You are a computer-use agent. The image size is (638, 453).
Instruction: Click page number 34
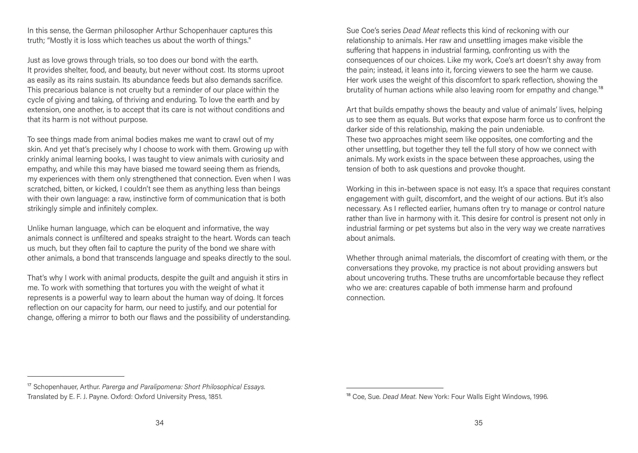(x=159, y=423)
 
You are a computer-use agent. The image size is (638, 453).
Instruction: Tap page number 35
(x=478, y=423)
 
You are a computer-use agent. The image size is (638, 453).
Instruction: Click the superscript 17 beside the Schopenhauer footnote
(x=29, y=385)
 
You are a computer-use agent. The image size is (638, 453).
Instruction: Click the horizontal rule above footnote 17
(x=76, y=377)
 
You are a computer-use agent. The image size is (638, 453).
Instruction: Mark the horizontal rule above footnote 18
(x=395, y=388)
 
